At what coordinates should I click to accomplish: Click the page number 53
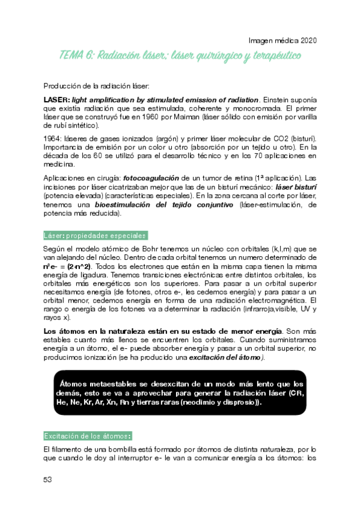pos(47,479)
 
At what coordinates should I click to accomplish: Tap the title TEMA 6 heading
pos(180,56)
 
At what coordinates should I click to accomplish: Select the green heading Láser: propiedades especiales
pos(95,235)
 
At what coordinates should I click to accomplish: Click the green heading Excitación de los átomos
pos(88,435)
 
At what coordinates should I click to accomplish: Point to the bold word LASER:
pos(56,99)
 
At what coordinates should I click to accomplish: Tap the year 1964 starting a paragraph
pos(52,138)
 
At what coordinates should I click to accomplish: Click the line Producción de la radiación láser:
pos(96,86)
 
